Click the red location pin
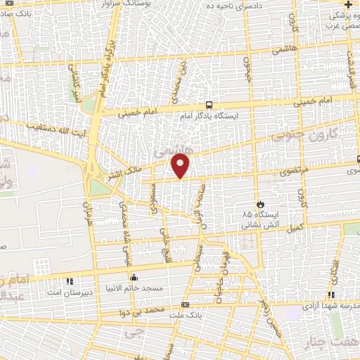tap(181, 166)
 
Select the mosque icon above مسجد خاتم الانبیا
tap(134, 276)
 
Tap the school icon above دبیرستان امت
tap(69, 282)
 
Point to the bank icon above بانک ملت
tap(185, 304)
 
